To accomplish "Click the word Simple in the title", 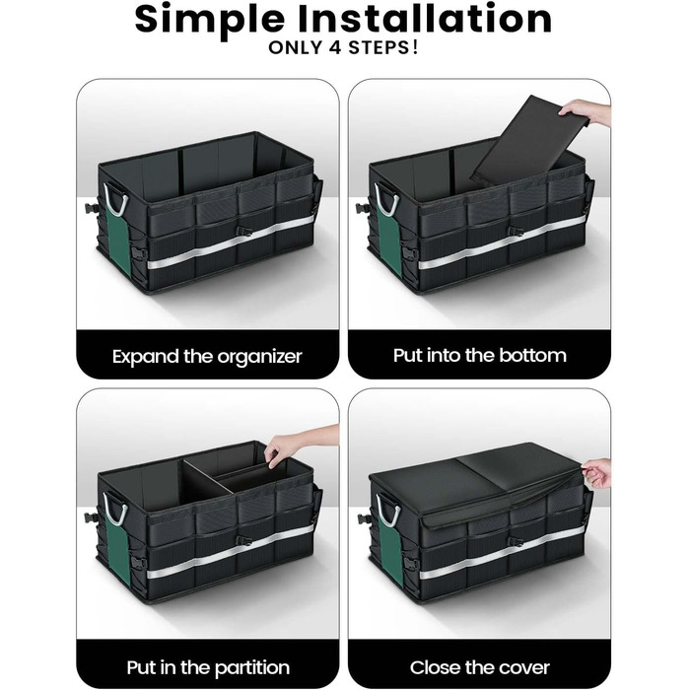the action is [210, 20].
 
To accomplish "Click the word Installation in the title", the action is [425, 18].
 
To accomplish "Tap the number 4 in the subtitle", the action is [335, 47].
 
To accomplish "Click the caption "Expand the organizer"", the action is [207, 357].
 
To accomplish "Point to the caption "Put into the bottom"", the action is [480, 355].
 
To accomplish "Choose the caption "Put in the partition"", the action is [208, 667].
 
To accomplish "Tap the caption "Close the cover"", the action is [480, 667].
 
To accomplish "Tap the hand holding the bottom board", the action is [585, 111].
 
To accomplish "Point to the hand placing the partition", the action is [300, 444].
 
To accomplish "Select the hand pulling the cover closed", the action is [596, 472].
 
